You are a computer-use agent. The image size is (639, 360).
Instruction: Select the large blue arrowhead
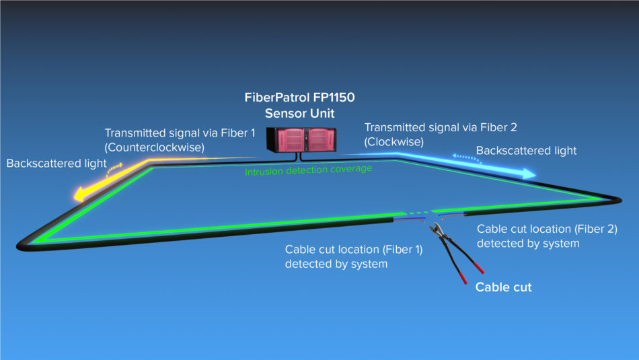tap(527, 174)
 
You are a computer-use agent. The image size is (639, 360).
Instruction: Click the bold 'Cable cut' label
tap(503, 287)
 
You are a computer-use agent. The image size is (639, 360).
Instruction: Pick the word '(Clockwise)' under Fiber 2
tap(393, 142)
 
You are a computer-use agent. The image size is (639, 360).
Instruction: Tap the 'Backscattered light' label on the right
tap(526, 150)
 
